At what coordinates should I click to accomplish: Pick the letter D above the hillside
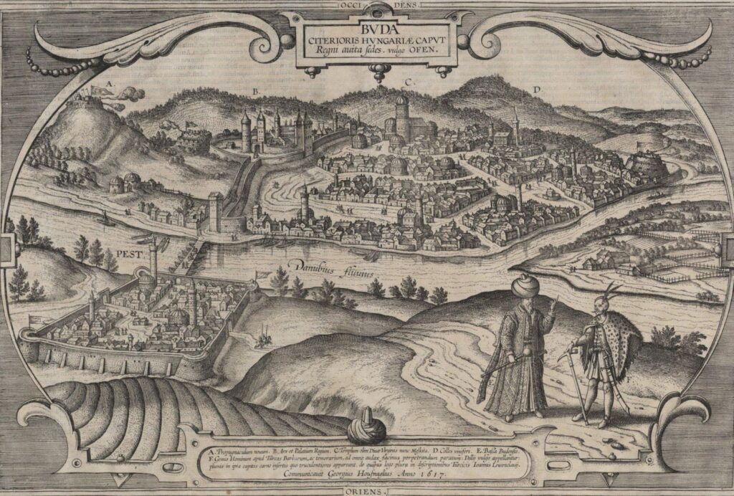coord(535,90)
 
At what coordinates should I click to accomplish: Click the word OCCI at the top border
coord(345,4)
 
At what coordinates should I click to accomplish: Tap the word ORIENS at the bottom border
coord(366,492)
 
